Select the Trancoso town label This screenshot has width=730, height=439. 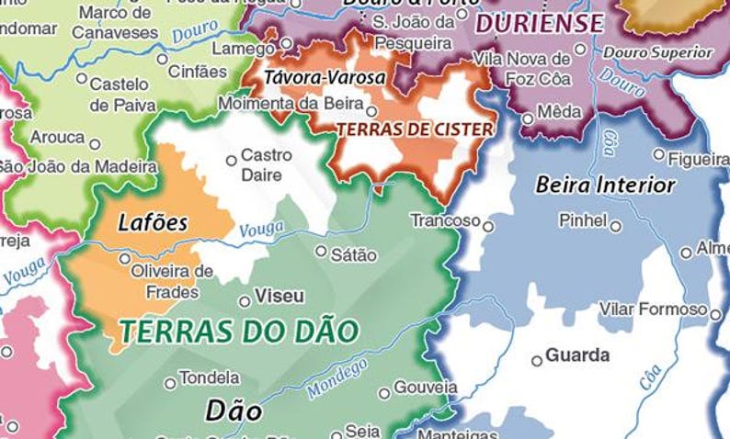(x=445, y=220)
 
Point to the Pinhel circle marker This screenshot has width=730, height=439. (x=616, y=226)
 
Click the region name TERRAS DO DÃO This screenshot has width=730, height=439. (x=238, y=332)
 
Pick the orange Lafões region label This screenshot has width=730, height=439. (x=153, y=222)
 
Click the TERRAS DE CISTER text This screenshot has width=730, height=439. (x=414, y=129)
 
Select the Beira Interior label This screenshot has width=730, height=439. (x=605, y=186)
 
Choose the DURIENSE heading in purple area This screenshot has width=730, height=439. (x=540, y=23)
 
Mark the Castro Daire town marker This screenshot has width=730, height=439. (x=232, y=161)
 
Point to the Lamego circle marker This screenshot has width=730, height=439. (x=286, y=43)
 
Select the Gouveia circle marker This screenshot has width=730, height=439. (x=384, y=394)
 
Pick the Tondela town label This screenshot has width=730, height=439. (x=209, y=377)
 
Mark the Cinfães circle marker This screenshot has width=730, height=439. (x=163, y=59)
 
